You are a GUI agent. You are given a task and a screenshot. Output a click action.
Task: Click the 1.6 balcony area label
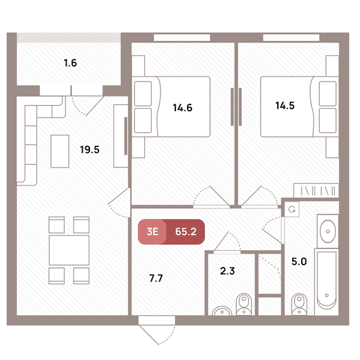point(70,63)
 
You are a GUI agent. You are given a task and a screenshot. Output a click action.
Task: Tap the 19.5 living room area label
point(89,149)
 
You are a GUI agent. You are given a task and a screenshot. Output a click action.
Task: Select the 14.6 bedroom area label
point(182,107)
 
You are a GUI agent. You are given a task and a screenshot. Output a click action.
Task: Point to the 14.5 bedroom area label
point(285,106)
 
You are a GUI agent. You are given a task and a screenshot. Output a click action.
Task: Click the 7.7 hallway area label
point(156,278)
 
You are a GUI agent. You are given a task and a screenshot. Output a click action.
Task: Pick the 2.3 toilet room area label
point(227,271)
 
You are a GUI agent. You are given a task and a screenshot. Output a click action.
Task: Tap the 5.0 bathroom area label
point(299,262)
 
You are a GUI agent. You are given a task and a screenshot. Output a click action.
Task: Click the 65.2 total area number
point(186,232)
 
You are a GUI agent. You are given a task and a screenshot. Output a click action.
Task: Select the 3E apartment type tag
point(152,232)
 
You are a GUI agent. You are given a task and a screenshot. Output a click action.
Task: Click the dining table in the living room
point(69,250)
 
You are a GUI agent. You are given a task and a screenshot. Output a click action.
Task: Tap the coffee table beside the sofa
point(59,151)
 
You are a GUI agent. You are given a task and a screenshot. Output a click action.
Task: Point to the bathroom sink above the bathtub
point(328,231)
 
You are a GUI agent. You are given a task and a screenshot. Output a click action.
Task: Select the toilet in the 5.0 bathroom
point(299,304)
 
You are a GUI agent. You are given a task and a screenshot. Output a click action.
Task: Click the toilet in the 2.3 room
point(244,304)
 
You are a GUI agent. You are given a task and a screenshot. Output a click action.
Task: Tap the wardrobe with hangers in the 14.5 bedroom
point(316,191)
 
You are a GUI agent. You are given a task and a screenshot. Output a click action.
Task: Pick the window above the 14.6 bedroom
point(182,37)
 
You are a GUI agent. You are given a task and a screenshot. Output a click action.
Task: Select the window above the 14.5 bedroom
point(291,37)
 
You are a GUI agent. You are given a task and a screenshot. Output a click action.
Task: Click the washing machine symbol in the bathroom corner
point(292,209)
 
